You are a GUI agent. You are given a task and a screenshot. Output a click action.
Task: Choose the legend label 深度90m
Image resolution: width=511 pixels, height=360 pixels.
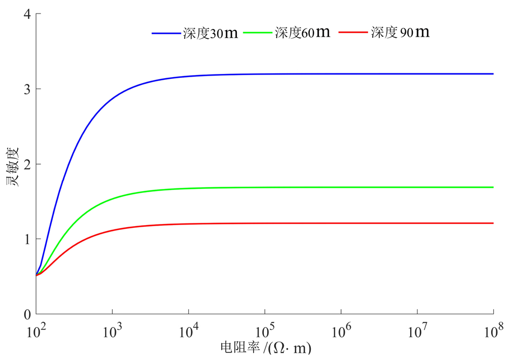[x=400, y=32]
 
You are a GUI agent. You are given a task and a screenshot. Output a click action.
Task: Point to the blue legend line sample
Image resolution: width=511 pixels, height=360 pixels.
[x=166, y=33]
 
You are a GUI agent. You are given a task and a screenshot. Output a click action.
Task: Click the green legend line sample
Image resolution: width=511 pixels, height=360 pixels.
[x=258, y=33]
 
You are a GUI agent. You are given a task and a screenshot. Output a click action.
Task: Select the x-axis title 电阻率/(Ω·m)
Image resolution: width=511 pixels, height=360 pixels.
[x=265, y=347]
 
